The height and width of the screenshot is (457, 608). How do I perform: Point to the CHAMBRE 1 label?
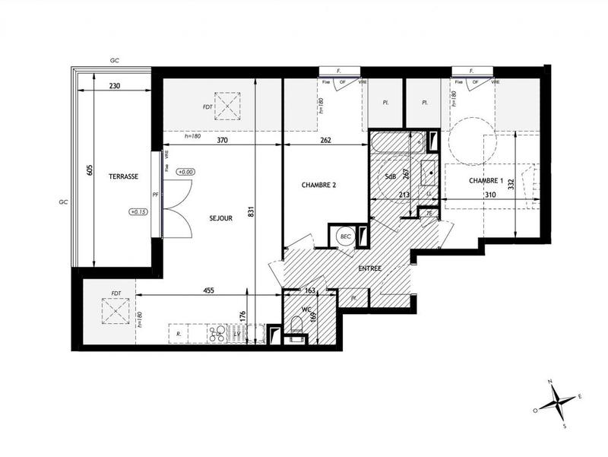[x=486, y=180]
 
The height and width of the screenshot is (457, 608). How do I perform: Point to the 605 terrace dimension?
[x=89, y=170]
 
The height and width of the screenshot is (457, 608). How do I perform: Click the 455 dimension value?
[x=207, y=289]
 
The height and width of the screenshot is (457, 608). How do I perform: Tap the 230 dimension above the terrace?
[x=115, y=86]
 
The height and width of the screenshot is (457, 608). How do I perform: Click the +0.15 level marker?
[x=139, y=212]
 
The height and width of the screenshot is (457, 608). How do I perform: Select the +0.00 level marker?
[x=185, y=173]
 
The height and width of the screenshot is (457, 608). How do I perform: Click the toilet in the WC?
[x=296, y=327]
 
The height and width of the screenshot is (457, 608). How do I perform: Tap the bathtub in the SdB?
[x=397, y=141]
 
